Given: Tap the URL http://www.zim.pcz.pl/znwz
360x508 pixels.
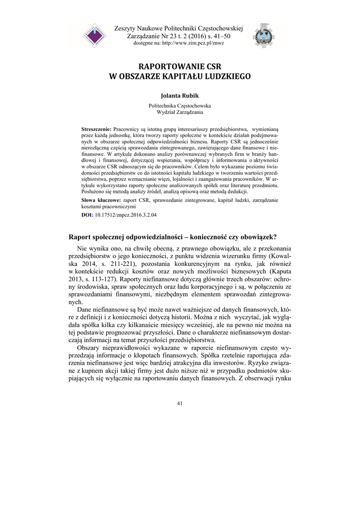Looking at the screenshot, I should click(x=196, y=43).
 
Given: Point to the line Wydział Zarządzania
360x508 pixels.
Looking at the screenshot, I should click(x=180, y=113).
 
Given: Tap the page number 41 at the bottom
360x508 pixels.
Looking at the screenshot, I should click(x=180, y=403).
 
